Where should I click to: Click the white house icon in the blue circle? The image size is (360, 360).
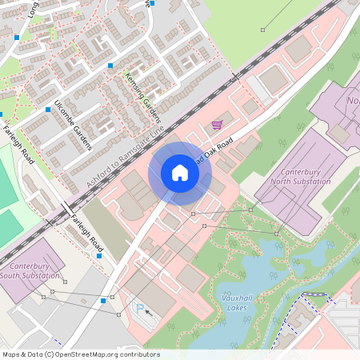click(180, 173)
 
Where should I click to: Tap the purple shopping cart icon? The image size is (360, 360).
click(217, 124)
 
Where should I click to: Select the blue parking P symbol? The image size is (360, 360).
click(141, 308)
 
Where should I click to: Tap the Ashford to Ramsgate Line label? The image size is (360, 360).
click(124, 156)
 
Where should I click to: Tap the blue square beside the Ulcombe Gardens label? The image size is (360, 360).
click(48, 109)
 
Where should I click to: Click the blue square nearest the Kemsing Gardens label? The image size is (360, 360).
click(110, 66)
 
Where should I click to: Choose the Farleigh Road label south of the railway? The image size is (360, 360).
click(86, 230)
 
